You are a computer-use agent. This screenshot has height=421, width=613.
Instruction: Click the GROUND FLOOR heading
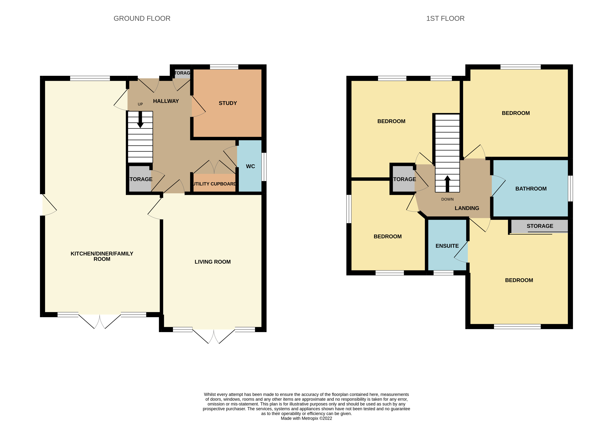coord(142,19)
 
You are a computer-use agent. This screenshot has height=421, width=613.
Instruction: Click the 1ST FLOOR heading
coord(445,19)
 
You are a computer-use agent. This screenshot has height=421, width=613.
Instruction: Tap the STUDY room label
coord(228,103)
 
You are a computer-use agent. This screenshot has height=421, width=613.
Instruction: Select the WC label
coord(250,166)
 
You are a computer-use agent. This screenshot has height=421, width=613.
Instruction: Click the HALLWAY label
coord(166,101)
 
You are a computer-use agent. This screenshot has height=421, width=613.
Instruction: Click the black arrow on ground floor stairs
coord(140,120)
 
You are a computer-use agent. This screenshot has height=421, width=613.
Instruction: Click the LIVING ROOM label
coord(213,262)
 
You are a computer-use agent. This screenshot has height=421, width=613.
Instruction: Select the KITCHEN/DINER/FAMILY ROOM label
coord(102,256)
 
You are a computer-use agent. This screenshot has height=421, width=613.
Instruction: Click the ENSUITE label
coord(447,246)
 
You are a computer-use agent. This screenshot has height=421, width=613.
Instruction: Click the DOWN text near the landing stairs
coord(447,199)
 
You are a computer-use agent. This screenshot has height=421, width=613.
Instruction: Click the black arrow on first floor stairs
coord(447,183)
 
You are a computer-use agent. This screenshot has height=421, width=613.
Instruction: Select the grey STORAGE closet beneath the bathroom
coord(540,226)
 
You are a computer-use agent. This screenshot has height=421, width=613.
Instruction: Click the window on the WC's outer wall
coord(264,167)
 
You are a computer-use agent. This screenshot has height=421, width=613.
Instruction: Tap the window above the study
coord(224,67)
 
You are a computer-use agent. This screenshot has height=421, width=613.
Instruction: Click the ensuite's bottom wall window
coord(443,273)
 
